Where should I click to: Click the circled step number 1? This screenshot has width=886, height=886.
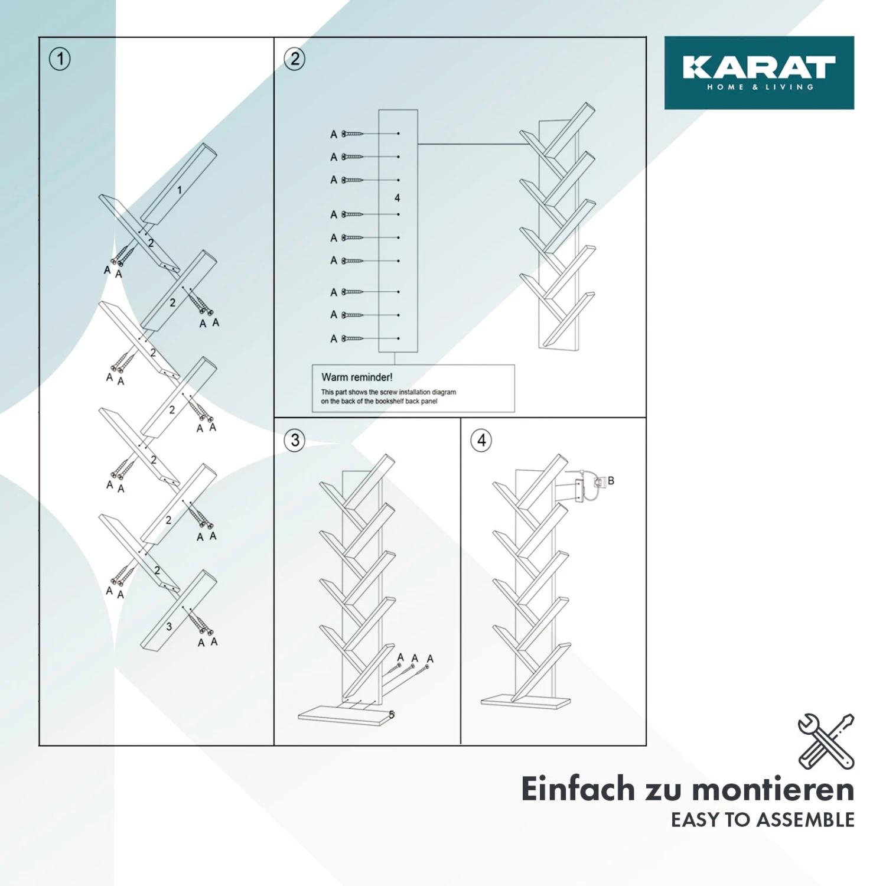coord(60,59)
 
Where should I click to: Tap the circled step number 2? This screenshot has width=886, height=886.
coord(295,59)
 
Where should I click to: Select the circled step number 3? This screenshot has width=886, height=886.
coord(295,441)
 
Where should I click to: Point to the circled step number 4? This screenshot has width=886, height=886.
coord(481,441)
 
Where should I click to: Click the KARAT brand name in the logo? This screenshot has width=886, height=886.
coord(759,67)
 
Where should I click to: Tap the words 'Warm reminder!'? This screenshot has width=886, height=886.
coord(357,377)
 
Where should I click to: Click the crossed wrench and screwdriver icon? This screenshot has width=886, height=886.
coord(826,741)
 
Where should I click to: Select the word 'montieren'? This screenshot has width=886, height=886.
coord(773,790)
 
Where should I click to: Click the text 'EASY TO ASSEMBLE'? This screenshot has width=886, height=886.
coord(763,820)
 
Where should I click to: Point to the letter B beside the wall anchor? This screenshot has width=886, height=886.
coord(611,481)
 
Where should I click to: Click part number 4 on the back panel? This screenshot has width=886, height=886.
coord(397,198)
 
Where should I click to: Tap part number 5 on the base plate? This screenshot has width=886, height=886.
coord(392,715)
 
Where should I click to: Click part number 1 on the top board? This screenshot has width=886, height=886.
coord(180,190)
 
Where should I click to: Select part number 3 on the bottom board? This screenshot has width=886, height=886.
coord(169,627)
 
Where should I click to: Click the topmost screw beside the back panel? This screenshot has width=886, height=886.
coord(352,134)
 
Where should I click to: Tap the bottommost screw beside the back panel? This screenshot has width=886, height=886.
coord(352,338)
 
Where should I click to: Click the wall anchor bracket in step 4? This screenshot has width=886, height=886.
coord(586,486)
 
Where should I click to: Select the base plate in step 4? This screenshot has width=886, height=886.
coord(526,702)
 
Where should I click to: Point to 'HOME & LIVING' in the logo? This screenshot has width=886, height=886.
coord(760,87)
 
